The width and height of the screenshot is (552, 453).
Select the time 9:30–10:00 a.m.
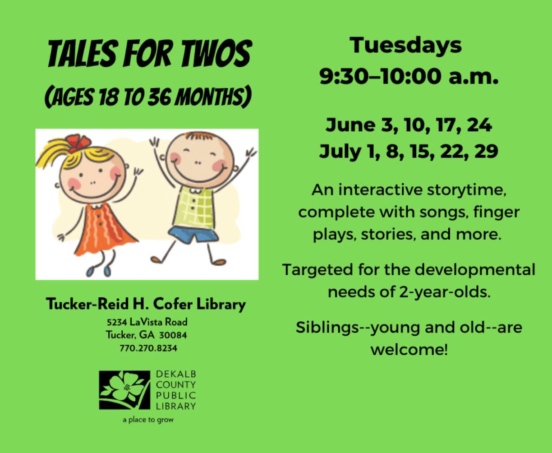[x=409, y=77]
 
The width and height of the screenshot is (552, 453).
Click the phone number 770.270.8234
[x=148, y=348]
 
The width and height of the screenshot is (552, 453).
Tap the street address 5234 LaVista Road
[x=147, y=322]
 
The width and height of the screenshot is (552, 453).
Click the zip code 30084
[x=173, y=335]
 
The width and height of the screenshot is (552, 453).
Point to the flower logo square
[x=124, y=390]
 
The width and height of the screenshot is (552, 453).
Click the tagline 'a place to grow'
[x=148, y=420]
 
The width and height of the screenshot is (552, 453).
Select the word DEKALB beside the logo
[x=176, y=374]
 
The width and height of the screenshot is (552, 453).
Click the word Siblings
[x=327, y=327]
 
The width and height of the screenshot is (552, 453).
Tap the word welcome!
[x=409, y=349]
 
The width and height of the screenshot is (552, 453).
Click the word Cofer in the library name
[x=173, y=304]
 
